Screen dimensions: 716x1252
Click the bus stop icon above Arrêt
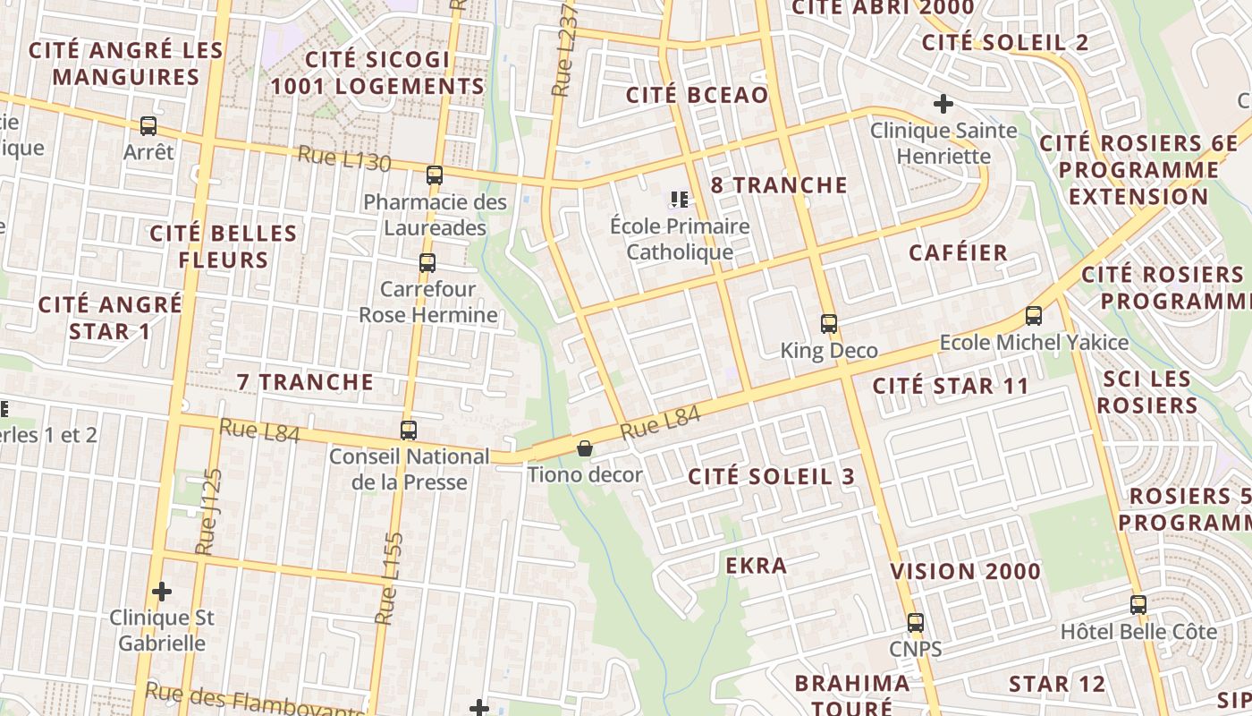click(148, 126)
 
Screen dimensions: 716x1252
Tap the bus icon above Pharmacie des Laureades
click(435, 175)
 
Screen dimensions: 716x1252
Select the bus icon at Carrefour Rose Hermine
click(427, 263)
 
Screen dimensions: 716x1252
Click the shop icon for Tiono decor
click(585, 447)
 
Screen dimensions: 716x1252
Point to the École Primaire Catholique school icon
click(680, 200)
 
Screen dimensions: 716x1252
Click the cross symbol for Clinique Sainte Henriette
click(943, 104)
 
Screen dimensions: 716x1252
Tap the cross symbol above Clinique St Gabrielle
click(162, 591)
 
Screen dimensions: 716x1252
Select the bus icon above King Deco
click(829, 324)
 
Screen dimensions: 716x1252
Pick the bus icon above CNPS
click(916, 623)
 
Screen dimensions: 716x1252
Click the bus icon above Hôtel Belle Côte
click(1138, 605)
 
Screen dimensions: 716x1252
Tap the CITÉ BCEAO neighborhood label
click(697, 96)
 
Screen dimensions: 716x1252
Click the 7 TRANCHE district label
click(305, 382)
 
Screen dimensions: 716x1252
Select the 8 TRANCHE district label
click(779, 185)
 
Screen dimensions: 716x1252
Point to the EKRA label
click(757, 566)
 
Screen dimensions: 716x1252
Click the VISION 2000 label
click(965, 571)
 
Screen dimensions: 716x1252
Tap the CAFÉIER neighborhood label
click(958, 252)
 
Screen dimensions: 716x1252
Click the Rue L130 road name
click(344, 158)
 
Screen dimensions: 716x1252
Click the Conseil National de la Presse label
click(410, 469)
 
